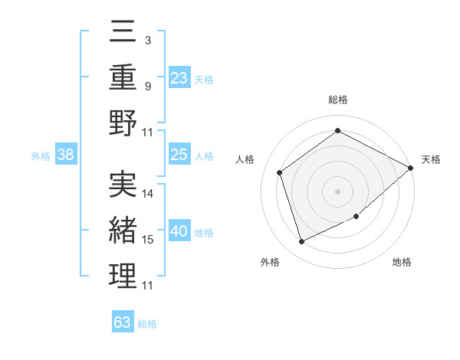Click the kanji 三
point(123,33)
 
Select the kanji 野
point(123,123)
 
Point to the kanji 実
point(123,185)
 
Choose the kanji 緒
point(123,231)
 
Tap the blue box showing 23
point(179,77)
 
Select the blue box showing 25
point(179,155)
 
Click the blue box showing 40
point(179,232)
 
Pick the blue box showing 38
point(66,155)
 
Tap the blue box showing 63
point(123,322)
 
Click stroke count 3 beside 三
point(147,39)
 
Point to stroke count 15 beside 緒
point(148,240)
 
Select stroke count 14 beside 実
point(148,194)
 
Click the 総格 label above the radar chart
point(337,100)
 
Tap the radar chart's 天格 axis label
point(432,159)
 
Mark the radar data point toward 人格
point(280,172)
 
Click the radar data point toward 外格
point(301,242)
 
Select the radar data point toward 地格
point(356,217)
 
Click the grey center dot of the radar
point(337,191)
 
